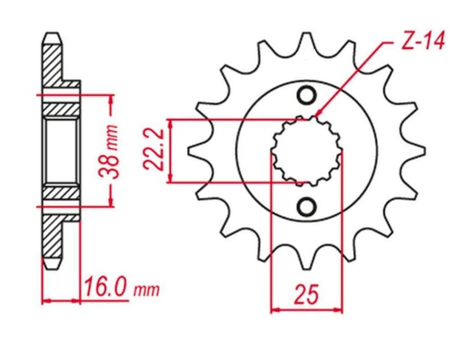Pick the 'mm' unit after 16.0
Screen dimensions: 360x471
coord(146,290)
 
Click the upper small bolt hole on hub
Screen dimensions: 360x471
coord(307,96)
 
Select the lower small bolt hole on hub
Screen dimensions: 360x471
coord(307,206)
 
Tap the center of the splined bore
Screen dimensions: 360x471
coord(306,151)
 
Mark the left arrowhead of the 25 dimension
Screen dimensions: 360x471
coord(275,310)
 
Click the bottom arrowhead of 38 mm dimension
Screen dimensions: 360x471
coord(110,203)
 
